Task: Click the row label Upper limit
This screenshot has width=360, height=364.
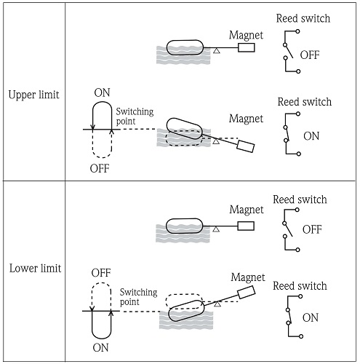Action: (33, 95)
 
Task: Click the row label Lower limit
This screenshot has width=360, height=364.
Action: (35, 269)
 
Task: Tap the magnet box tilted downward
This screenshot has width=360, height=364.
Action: (246, 146)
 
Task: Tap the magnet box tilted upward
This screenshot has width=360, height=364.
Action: (247, 292)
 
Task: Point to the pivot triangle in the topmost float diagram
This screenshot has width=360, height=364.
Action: (217, 51)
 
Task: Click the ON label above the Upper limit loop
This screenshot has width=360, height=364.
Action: (102, 92)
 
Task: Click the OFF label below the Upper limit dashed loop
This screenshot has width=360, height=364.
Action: (100, 168)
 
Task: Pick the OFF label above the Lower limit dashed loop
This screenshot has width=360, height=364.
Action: (101, 273)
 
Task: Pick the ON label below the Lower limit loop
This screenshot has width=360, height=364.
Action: (100, 348)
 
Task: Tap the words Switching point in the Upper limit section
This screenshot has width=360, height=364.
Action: (135, 116)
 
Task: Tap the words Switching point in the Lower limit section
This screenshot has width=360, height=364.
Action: (138, 297)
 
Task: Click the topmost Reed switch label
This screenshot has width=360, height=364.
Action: (303, 18)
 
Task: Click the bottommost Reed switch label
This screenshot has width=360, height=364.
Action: (300, 286)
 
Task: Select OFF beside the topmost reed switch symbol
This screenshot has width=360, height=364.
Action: (310, 55)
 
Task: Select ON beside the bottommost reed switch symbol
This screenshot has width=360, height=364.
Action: (311, 317)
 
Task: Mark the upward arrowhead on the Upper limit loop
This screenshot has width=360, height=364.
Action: (111, 132)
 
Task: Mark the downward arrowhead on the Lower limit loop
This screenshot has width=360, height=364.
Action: (92, 309)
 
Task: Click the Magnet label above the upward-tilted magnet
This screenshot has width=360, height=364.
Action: (248, 277)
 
